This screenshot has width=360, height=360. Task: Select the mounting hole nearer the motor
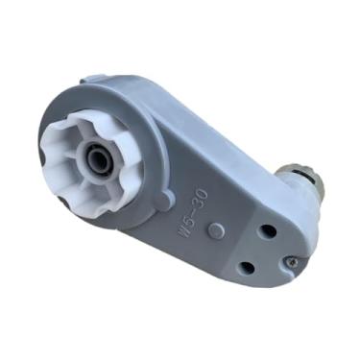(268, 231)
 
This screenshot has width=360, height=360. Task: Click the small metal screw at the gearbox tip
(291, 258)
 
